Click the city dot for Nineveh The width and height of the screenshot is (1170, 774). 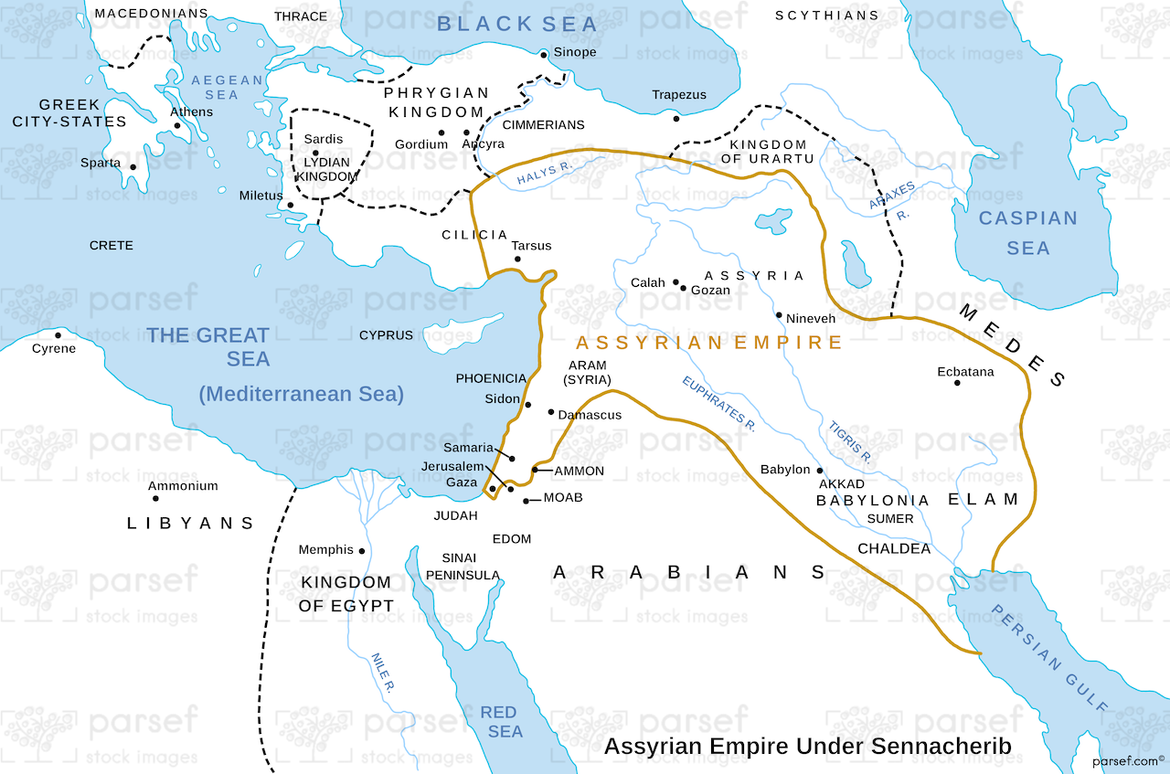click(779, 315)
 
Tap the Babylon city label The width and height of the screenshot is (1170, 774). click(785, 470)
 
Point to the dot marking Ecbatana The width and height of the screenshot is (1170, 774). click(957, 382)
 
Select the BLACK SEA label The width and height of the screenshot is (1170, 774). click(516, 25)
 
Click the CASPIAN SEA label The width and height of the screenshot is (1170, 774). click(1028, 233)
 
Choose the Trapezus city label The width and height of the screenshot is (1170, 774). click(679, 95)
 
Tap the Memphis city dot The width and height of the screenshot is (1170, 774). click(362, 551)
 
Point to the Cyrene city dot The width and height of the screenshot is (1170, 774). click(58, 334)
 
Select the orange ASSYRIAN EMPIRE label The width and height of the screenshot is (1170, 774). click(708, 343)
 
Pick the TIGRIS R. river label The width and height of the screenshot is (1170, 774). click(850, 440)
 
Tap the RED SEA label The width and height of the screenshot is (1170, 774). click(499, 722)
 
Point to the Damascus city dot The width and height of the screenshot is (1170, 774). click(550, 412)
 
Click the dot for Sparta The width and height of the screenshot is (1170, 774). click(133, 167)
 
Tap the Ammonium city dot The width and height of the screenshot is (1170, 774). click(155, 498)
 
